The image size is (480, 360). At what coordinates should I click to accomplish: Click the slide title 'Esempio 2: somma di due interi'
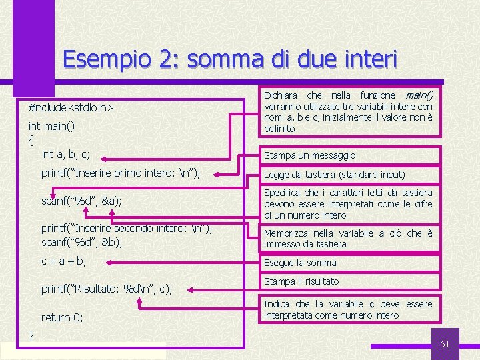point(229,61)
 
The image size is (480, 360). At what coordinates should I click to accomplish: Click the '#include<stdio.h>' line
point(71,107)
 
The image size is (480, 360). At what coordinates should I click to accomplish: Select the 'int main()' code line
point(51,126)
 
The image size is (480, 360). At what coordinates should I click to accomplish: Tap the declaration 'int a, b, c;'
point(65,154)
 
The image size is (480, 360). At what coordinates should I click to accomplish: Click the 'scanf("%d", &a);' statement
point(81,201)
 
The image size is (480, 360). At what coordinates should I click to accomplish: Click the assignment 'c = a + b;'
point(64,261)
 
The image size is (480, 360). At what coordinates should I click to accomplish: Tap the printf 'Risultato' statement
point(107,289)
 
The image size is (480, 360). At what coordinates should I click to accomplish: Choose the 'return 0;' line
point(62,317)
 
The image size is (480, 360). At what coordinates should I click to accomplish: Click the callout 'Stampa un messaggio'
point(309,155)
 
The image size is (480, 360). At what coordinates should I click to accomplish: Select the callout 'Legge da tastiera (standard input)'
point(334,175)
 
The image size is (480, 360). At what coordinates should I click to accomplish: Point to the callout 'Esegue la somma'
point(300,263)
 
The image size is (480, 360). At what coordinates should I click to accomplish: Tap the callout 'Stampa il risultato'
point(301,281)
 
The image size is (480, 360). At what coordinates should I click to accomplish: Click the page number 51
point(446,344)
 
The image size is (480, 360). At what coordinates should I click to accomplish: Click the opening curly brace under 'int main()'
point(31,140)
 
